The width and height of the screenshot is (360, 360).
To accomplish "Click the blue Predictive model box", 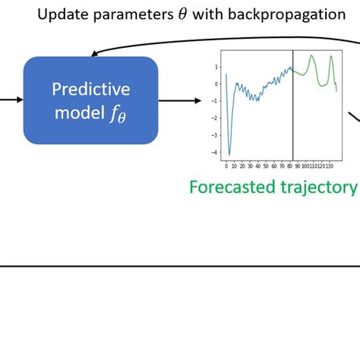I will coord(90,100).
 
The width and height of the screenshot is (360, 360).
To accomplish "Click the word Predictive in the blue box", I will coord(90,90).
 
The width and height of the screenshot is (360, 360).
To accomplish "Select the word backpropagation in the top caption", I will coord(291,15).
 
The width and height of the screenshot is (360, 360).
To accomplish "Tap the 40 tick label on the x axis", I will coord(258,165).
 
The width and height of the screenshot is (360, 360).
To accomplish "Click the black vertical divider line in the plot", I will coord(293,106).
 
